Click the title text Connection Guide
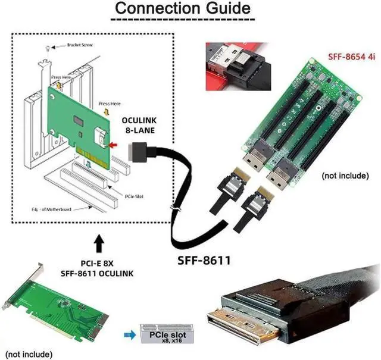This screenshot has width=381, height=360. [x=182, y=9]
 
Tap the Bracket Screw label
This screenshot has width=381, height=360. [x=79, y=45]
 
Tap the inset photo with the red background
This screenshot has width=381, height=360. [x=233, y=65]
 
